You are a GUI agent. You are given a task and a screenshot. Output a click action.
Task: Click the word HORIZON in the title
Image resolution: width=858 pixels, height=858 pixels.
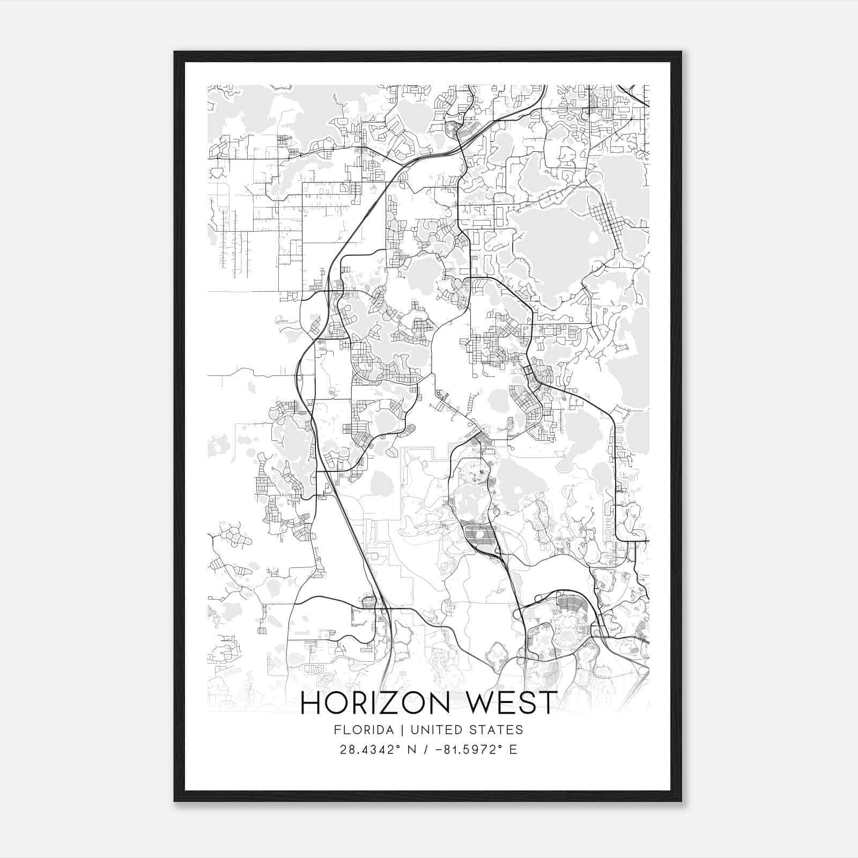[375, 703]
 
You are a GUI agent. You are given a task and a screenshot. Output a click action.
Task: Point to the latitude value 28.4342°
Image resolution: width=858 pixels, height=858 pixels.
[370, 750]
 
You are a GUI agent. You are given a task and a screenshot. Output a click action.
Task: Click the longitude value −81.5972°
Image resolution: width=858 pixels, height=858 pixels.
[467, 750]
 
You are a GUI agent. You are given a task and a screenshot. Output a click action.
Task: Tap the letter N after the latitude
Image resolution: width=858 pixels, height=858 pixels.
[412, 750]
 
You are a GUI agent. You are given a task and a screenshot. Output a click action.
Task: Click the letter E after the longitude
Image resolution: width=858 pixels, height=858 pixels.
[513, 750]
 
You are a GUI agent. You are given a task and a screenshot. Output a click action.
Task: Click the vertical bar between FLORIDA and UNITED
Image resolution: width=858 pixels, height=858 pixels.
[396, 730]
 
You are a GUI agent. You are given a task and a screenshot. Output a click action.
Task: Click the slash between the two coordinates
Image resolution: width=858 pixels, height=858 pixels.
[426, 750]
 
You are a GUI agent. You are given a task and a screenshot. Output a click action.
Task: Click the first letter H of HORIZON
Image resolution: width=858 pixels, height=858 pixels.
[311, 703]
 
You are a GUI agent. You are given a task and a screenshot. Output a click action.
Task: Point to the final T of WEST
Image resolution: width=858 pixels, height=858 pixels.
[548, 703]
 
